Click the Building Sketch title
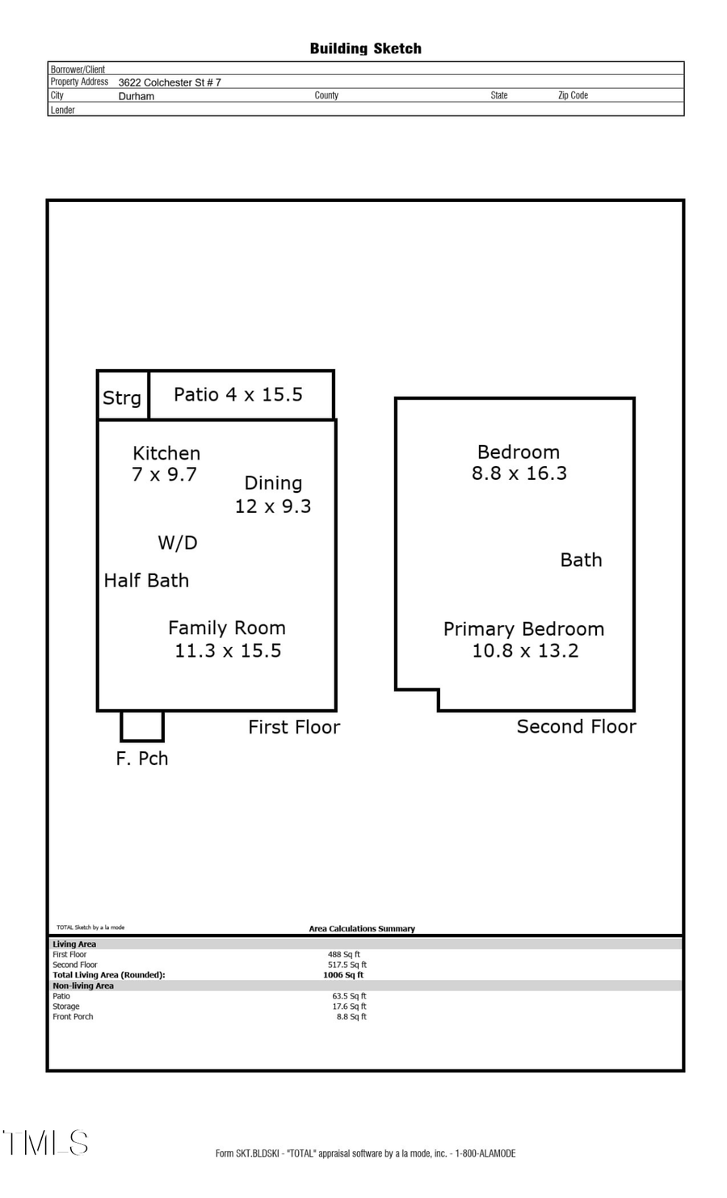click(365, 48)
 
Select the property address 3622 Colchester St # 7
click(170, 82)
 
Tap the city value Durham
click(136, 96)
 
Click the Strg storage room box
click(123, 396)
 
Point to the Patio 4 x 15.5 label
click(238, 394)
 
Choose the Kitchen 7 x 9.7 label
click(166, 464)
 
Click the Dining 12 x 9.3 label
click(273, 494)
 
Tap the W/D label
click(178, 543)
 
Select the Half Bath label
click(146, 580)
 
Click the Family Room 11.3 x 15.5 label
click(227, 639)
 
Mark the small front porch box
click(142, 725)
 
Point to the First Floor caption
click(294, 727)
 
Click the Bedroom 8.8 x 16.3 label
click(519, 463)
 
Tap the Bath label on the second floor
click(581, 560)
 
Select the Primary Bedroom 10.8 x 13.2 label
click(524, 640)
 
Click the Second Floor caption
click(576, 726)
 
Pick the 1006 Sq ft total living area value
click(343, 975)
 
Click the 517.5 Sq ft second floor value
click(347, 965)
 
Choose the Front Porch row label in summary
click(73, 1016)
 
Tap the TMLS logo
click(46, 1142)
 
